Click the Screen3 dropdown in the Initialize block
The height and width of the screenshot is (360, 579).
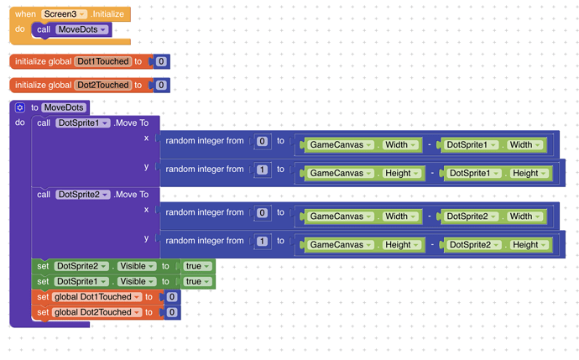click(64, 14)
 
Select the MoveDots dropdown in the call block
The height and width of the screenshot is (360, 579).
click(82, 29)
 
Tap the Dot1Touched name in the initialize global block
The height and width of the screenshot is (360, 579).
click(103, 61)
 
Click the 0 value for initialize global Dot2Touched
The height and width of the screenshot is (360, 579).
click(161, 86)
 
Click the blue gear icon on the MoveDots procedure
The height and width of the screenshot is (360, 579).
click(19, 107)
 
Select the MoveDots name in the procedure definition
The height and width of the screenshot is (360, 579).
click(64, 107)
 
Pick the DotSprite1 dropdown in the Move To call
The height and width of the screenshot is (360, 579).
click(83, 123)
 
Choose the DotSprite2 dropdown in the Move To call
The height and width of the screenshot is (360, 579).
click(83, 195)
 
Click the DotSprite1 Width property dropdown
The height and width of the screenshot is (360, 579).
click(526, 144)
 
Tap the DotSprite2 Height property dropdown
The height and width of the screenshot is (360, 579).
click(529, 245)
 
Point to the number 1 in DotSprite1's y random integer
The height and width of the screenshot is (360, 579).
click(262, 170)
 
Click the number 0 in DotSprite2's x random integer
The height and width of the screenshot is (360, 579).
click(262, 212)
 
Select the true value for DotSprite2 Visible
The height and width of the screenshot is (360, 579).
click(197, 266)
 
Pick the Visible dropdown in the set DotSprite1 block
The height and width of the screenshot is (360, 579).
click(137, 282)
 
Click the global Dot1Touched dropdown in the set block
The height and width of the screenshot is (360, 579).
click(96, 297)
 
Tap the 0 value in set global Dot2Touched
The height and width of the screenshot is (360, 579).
click(172, 313)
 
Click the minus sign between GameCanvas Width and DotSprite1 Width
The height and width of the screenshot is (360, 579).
click(429, 144)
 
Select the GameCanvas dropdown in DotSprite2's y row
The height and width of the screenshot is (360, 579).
click(341, 245)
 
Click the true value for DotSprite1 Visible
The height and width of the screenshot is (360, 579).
click(197, 282)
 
